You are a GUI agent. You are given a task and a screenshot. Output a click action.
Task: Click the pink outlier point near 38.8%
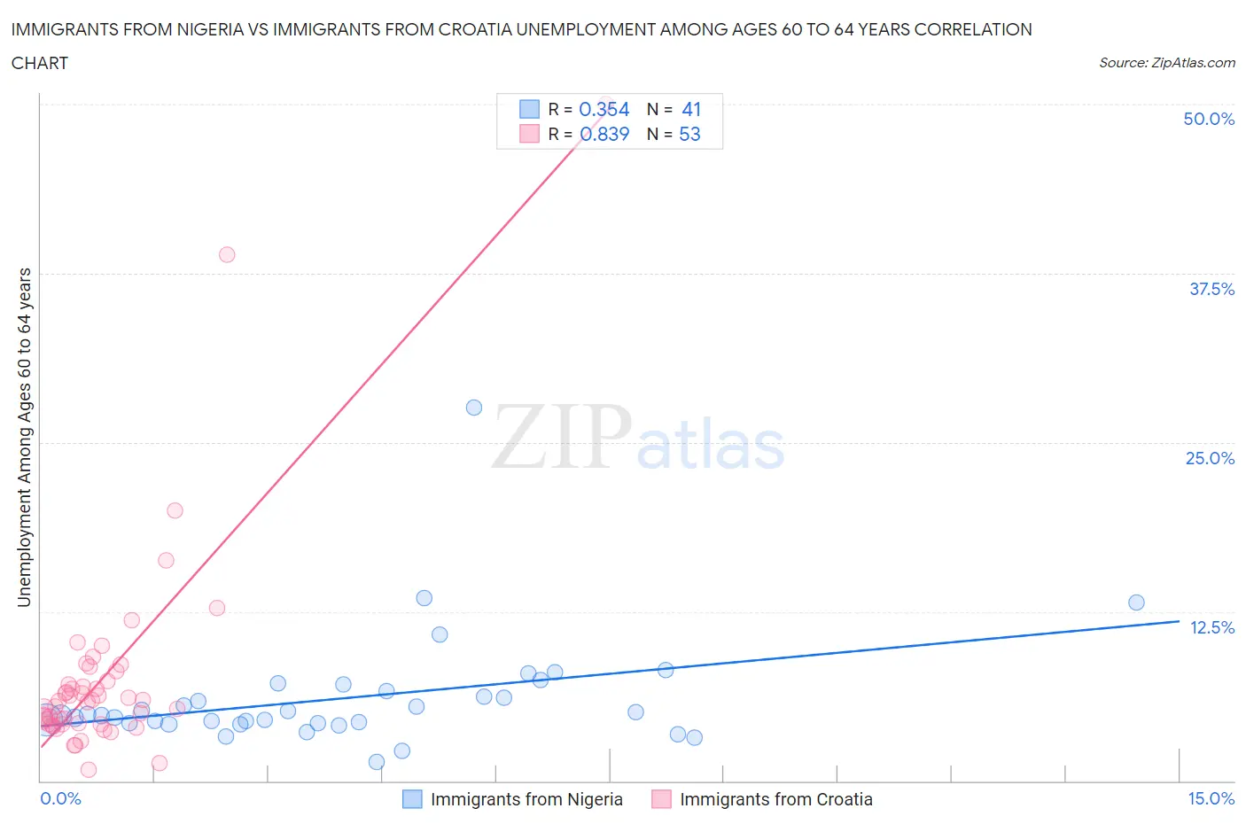(x=227, y=254)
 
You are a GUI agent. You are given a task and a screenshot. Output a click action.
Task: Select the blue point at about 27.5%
(x=474, y=408)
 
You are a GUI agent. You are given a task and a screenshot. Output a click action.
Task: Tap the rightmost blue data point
(x=1136, y=602)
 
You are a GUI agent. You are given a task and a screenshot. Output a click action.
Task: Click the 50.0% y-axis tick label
(x=1209, y=119)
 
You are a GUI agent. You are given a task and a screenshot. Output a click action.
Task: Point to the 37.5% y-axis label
(x=1211, y=289)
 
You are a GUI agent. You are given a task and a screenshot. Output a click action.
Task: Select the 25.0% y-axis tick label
(x=1210, y=458)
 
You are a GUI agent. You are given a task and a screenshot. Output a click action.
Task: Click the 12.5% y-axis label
(x=1211, y=627)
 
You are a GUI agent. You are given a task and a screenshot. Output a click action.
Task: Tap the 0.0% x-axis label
(x=60, y=798)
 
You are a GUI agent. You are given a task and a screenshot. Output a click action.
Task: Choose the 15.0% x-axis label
(x=1211, y=798)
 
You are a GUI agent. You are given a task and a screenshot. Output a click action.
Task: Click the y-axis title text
(x=24, y=438)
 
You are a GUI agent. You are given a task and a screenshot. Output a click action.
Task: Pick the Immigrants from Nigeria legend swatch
(x=412, y=799)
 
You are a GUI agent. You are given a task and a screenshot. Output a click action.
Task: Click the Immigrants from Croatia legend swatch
(x=661, y=799)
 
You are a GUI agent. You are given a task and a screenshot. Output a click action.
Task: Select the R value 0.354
(x=604, y=109)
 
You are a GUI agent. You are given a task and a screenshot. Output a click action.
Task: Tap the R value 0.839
(x=604, y=134)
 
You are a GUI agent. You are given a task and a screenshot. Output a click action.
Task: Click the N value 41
(x=691, y=109)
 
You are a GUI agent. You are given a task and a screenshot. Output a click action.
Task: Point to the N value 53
(x=689, y=134)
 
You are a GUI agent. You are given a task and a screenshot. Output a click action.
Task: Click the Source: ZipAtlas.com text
(x=1166, y=62)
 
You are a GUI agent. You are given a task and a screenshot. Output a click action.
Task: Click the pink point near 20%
(x=175, y=510)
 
